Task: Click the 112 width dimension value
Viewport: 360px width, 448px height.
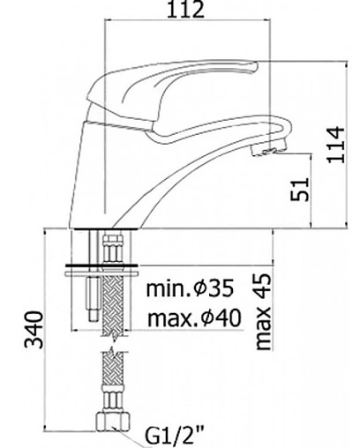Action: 185,10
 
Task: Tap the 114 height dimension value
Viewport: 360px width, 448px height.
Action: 335,145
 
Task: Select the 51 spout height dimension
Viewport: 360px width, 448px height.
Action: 300,190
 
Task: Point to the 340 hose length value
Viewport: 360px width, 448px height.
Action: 34,330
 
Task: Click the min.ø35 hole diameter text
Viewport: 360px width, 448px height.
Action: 190,287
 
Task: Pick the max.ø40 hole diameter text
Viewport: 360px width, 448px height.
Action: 194,317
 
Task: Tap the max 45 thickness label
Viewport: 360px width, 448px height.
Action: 263,311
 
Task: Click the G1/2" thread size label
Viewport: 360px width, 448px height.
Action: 175,436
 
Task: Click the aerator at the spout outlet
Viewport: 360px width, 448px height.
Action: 268,148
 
